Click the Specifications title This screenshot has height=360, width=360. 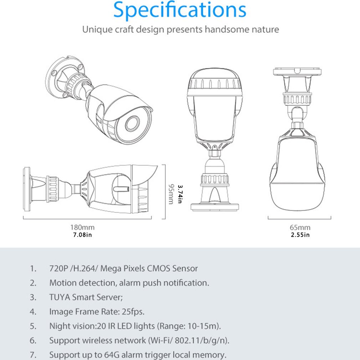pyautogui.click(x=180, y=11)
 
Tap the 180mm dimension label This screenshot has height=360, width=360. pyautogui.click(x=82, y=227)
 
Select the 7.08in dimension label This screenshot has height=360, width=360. pyautogui.click(x=82, y=235)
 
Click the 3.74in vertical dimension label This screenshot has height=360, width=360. pyautogui.click(x=180, y=194)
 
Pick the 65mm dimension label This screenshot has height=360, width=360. pyautogui.click(x=299, y=227)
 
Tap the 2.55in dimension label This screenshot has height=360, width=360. pyautogui.click(x=299, y=235)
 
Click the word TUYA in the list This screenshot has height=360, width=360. pyautogui.click(x=60, y=297)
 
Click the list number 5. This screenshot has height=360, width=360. pyautogui.click(x=33, y=326)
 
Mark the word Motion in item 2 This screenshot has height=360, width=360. pyautogui.click(x=63, y=283)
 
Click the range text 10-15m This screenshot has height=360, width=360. pyautogui.click(x=204, y=326)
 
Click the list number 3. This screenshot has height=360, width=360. pyautogui.click(x=33, y=297)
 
